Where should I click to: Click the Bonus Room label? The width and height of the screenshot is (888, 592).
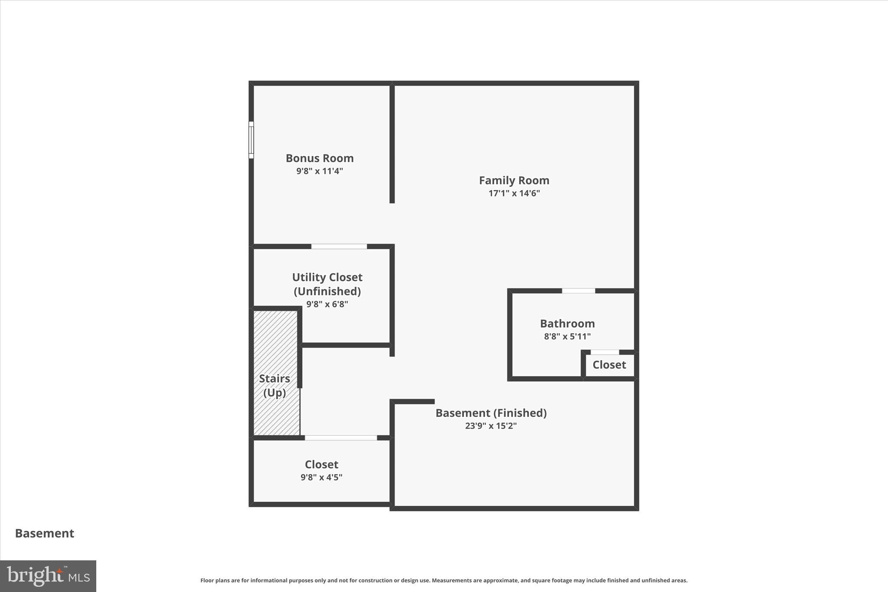click(320, 158)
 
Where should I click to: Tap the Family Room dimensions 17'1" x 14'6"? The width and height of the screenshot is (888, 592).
click(514, 193)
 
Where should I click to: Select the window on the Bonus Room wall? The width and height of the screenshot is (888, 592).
click(251, 140)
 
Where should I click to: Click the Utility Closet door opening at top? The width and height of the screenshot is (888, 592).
click(339, 246)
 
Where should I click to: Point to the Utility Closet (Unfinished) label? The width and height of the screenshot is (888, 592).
click(327, 284)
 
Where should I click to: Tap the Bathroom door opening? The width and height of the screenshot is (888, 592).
click(578, 291)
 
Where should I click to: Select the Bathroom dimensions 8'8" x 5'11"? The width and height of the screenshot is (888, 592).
click(567, 337)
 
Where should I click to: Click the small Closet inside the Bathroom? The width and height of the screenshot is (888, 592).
click(609, 365)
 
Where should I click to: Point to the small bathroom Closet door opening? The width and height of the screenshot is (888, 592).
click(605, 352)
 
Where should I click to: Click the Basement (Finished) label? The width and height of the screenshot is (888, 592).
click(491, 413)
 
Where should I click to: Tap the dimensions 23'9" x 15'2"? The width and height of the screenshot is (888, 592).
click(491, 426)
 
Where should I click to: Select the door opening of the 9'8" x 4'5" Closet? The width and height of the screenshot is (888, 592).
click(341, 438)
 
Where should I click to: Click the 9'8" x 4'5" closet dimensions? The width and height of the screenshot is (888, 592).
click(321, 478)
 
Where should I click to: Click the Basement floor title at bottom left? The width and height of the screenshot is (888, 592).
click(45, 533)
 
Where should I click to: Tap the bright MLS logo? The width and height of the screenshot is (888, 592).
click(48, 576)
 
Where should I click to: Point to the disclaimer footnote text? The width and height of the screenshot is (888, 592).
click(444, 580)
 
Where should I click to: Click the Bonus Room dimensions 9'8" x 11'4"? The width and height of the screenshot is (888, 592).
click(320, 171)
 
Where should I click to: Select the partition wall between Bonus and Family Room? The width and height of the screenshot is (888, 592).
click(392, 143)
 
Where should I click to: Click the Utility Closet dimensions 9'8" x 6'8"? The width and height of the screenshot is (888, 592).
click(327, 304)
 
